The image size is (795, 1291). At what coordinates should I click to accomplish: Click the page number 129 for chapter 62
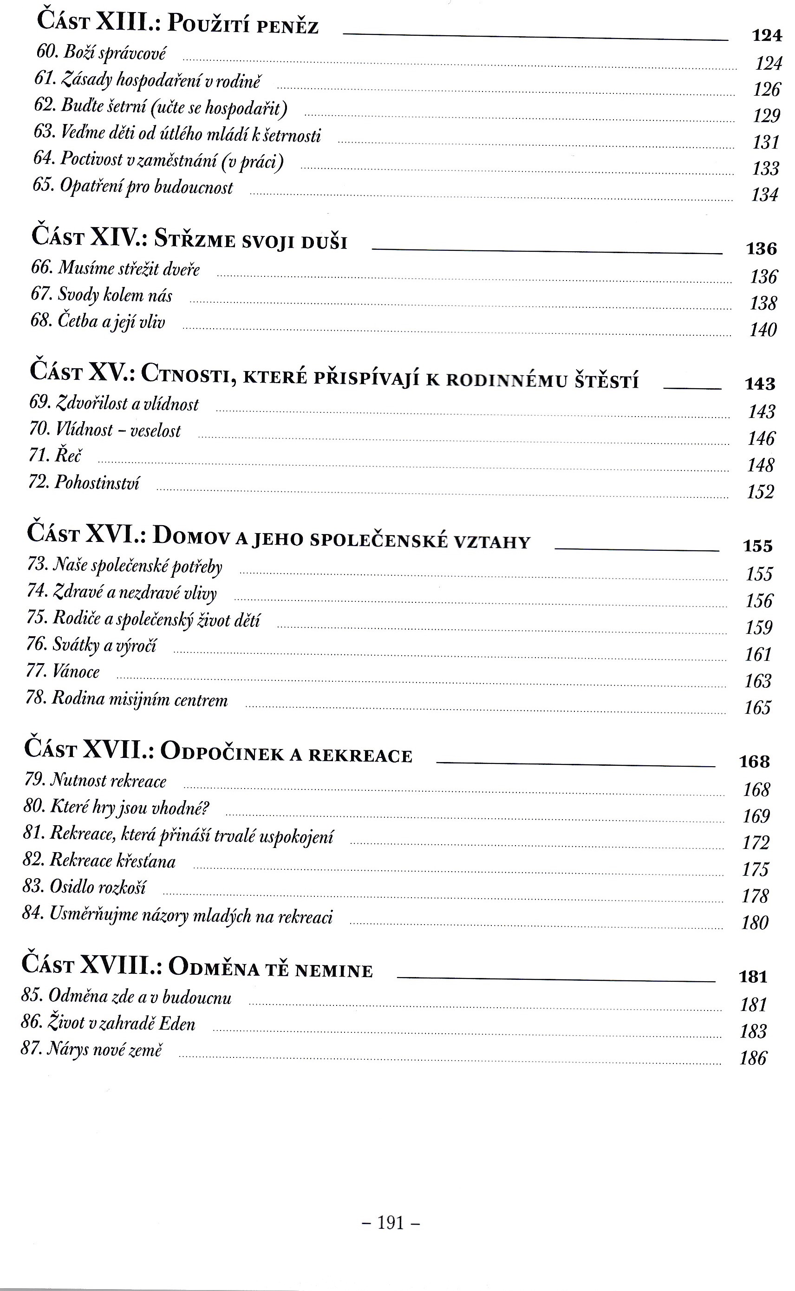766,116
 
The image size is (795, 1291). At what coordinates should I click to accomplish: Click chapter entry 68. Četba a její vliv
98,321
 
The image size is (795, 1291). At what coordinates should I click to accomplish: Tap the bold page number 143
760,384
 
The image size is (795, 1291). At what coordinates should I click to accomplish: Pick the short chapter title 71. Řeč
55,455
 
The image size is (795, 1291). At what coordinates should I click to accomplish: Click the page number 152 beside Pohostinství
760,492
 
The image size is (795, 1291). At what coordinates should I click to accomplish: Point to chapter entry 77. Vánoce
63,671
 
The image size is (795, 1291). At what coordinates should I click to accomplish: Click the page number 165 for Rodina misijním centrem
757,708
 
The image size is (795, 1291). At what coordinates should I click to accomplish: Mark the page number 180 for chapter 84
755,923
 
